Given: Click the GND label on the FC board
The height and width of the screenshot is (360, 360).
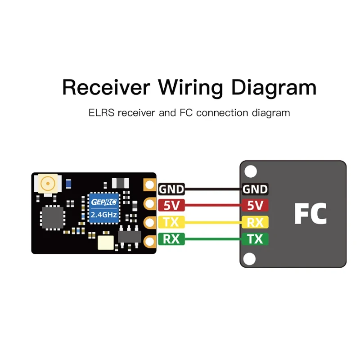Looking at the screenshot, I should click(x=255, y=189).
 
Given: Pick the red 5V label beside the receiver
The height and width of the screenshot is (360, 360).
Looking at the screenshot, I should click(x=171, y=206).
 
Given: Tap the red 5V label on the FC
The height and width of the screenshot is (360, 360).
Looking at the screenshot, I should click(x=255, y=206).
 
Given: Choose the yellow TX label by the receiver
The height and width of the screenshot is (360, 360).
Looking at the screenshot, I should click(x=171, y=222).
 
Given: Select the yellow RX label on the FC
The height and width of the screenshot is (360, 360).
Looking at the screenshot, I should click(x=255, y=222).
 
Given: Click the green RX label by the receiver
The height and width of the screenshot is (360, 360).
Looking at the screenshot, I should click(x=171, y=239).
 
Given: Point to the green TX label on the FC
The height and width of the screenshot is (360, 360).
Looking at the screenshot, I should click(x=255, y=239).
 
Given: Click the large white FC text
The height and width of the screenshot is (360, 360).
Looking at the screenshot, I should click(x=310, y=214).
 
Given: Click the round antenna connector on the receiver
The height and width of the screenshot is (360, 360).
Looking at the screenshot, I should click(x=47, y=184).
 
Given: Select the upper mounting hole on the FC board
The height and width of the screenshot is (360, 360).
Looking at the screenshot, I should click(x=250, y=171).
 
